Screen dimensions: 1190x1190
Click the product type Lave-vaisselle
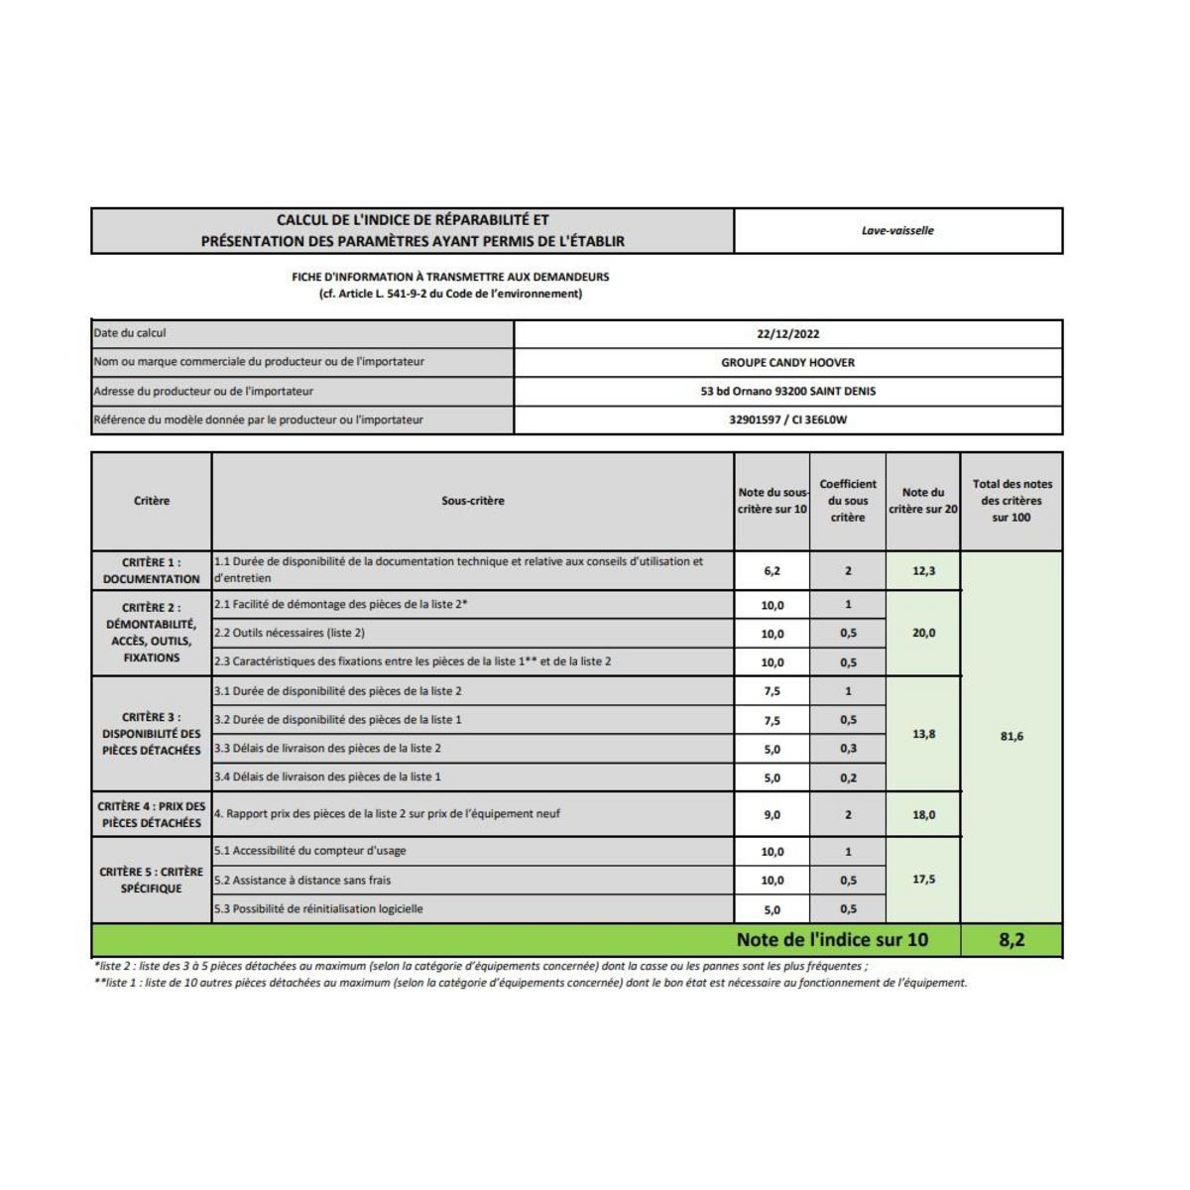[897, 231]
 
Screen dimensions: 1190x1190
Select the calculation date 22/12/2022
[787, 334]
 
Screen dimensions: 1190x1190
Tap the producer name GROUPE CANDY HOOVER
[787, 363]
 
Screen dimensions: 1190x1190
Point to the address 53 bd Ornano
[787, 392]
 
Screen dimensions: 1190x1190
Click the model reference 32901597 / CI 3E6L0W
[787, 419]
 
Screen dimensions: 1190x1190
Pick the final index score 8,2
[1011, 940]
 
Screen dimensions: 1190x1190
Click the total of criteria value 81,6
[1011, 737]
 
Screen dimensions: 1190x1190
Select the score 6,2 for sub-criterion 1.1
[772, 571]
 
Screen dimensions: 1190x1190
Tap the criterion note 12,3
[922, 571]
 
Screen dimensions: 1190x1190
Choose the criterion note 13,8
[922, 735]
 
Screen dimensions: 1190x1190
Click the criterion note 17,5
[922, 880]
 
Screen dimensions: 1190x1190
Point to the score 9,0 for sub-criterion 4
[772, 815]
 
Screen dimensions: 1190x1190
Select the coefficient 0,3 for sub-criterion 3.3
[848, 749]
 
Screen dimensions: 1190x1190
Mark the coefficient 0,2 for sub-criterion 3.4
[848, 778]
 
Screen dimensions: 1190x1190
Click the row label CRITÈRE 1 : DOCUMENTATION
[151, 571]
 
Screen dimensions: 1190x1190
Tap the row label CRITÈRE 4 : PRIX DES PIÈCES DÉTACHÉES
[151, 815]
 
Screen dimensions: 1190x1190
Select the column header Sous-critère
[472, 502]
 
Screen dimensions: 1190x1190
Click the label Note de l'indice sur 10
[832, 940]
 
